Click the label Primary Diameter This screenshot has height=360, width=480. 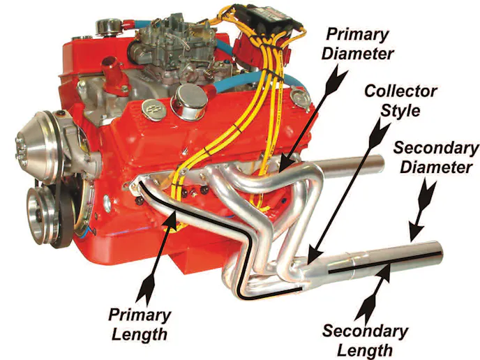357,44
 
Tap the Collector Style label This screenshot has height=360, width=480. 400,100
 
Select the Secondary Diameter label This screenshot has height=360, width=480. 436,158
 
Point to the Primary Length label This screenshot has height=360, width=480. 140,324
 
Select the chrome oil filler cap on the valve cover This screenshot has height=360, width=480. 190,102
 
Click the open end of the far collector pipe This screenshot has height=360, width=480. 380,162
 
